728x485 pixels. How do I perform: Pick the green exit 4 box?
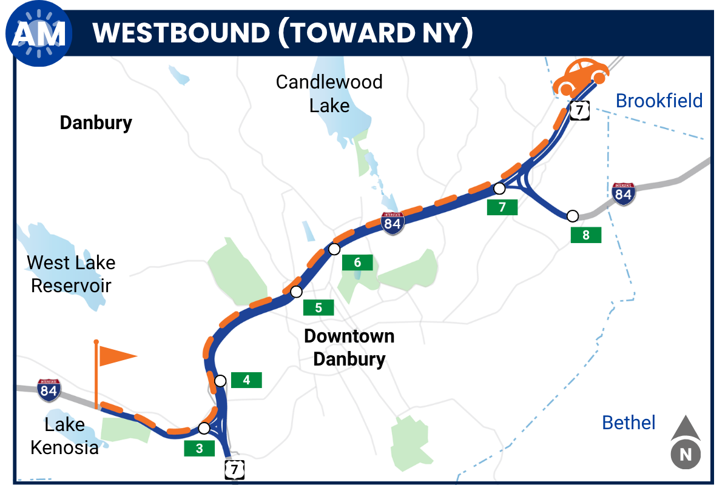[x=246, y=380]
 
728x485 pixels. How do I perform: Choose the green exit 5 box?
[x=318, y=307]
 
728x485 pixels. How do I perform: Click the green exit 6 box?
[x=357, y=263]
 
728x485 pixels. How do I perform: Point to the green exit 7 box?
[x=502, y=207]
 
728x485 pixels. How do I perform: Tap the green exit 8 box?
[x=585, y=235]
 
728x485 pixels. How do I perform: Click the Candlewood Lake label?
[x=329, y=93]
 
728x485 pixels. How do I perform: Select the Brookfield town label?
[x=659, y=101]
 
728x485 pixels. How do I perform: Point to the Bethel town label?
[x=629, y=423]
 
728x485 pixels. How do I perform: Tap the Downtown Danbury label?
[x=349, y=347]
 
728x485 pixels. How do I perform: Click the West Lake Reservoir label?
[x=71, y=274]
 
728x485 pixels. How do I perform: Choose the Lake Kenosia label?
[x=64, y=436]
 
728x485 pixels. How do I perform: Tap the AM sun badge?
[x=39, y=35]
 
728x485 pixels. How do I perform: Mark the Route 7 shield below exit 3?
[x=235, y=469]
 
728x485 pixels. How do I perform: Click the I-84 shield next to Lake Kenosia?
[x=49, y=390]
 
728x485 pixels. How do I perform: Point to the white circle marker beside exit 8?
[x=572, y=216]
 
